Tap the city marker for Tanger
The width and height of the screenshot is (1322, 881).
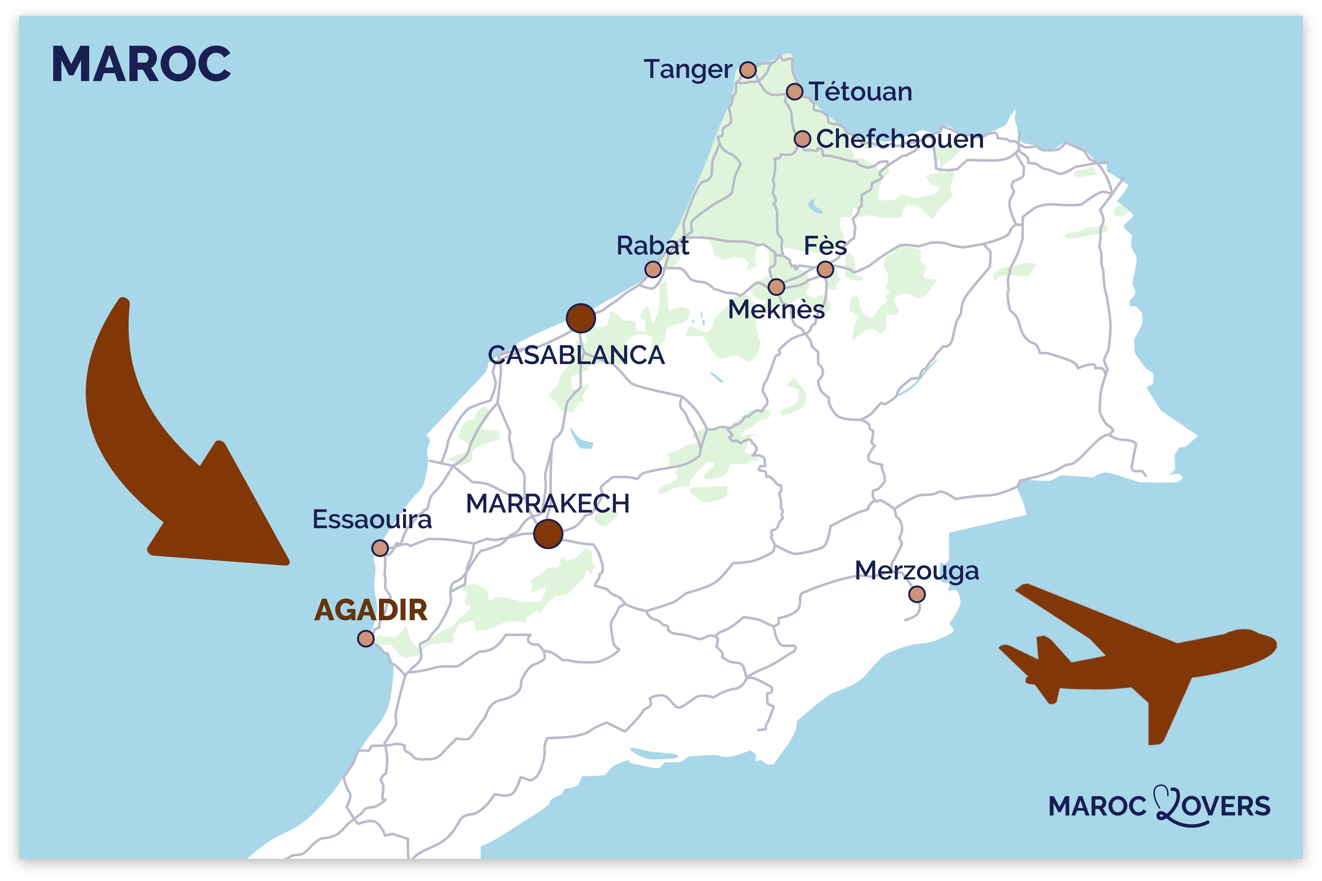tap(748, 70)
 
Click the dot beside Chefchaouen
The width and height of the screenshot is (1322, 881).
tap(802, 139)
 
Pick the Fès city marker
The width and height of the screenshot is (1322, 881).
tap(825, 270)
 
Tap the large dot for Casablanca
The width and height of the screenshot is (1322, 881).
tap(581, 319)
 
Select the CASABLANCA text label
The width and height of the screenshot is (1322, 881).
tap(576, 355)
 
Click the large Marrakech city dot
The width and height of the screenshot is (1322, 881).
tap(548, 534)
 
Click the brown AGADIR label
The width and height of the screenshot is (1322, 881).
tap(371, 610)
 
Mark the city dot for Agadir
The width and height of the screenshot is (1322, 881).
tap(366, 639)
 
